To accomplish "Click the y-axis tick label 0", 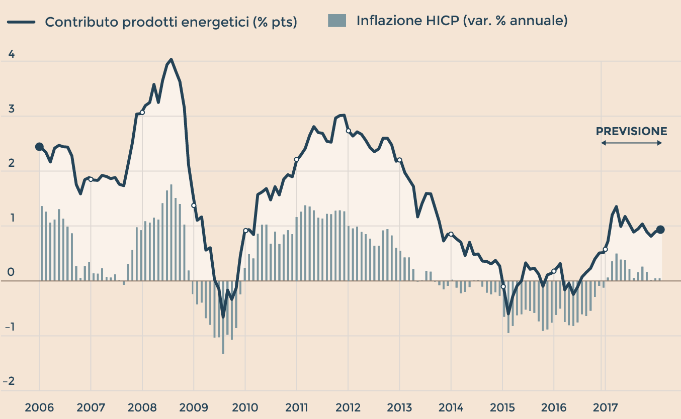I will [x=12, y=274].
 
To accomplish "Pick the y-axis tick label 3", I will [x=12, y=110].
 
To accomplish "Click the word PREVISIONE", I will [x=631, y=132].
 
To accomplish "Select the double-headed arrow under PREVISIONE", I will [x=631, y=143].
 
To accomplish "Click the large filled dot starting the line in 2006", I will [x=39, y=147].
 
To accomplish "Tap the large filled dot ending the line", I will [x=660, y=230].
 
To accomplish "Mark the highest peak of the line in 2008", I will [x=172, y=60].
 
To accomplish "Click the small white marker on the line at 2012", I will [x=348, y=131].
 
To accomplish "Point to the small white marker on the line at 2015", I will [x=503, y=286].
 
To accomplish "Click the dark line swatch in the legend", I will [x=21, y=22].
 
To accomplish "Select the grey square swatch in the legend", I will [x=336, y=21].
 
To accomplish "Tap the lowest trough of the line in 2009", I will [x=223, y=317].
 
